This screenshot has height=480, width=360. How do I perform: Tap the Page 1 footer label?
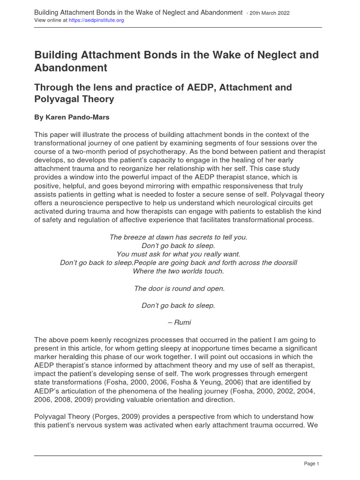coord(311,464)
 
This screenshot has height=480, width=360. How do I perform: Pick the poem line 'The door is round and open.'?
coord(179,288)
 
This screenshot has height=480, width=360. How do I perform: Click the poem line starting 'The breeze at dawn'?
coord(178,237)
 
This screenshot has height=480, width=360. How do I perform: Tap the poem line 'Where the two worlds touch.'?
coord(179,271)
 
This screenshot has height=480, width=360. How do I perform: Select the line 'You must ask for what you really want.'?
coord(178,254)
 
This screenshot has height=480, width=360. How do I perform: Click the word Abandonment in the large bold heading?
coord(71,68)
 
